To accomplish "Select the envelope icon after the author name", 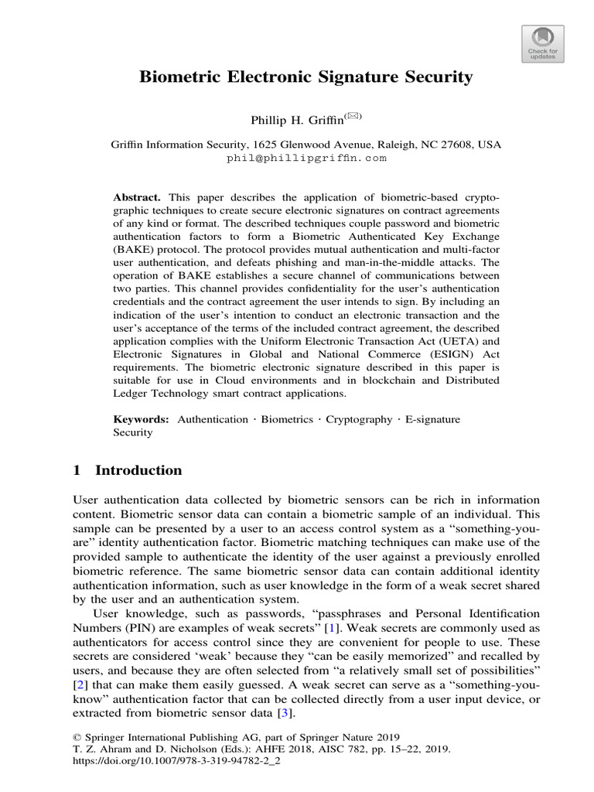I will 353,117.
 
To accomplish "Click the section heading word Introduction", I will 138,470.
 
